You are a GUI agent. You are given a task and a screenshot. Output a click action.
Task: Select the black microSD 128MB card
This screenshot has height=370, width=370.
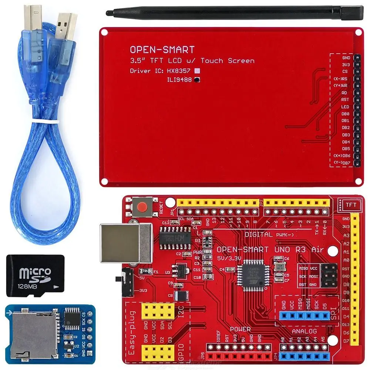tap(36, 275)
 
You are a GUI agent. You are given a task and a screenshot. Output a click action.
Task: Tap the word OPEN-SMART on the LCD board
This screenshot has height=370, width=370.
tap(162, 50)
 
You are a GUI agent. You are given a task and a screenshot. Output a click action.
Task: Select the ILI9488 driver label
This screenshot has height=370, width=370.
tap(179, 79)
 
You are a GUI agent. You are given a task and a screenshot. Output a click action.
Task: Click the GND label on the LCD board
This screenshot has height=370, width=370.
tap(346, 58)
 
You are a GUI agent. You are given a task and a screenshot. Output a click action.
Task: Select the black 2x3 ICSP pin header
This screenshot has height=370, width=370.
tap(328, 275)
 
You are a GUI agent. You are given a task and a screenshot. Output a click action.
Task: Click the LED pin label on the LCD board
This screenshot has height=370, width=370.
tap(345, 107)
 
